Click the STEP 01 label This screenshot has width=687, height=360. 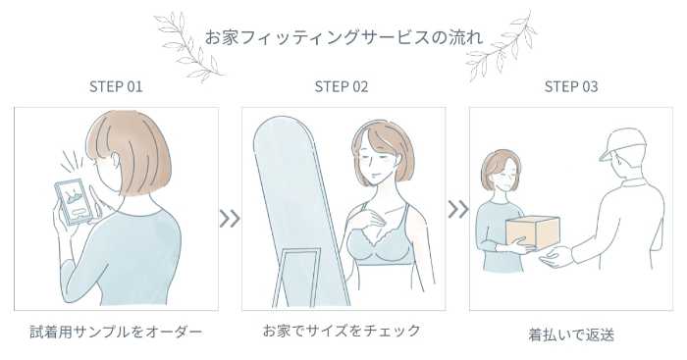tap(116, 86)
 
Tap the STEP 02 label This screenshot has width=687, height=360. tap(342, 86)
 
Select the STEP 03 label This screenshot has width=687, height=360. tap(571, 86)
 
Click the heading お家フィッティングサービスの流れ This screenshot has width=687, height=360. tap(343, 37)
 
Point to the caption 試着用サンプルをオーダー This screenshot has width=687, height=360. tap(116, 332)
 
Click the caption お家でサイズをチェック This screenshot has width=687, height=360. tap(342, 331)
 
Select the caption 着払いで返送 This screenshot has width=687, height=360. tap(571, 335)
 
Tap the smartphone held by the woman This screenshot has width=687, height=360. tap(74, 201)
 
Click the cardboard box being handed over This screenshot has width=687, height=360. tap(532, 232)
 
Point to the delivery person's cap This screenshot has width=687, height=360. tap(621, 142)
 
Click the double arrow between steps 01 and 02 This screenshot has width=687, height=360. tap(230, 219)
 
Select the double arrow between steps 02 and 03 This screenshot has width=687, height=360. tap(458, 209)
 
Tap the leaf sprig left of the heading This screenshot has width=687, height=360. tap(188, 48)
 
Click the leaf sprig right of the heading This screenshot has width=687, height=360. tap(502, 46)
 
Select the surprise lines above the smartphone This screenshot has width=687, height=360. tap(72, 161)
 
